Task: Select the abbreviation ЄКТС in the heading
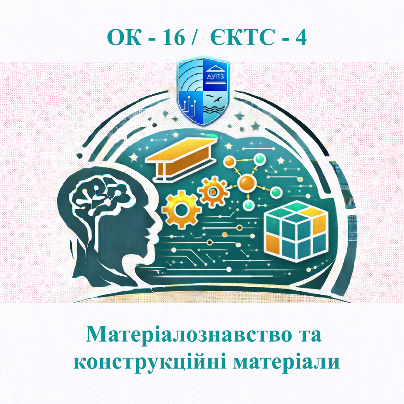(x=238, y=38)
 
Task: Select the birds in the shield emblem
(x=215, y=99)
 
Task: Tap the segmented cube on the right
(x=294, y=229)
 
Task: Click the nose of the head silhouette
(x=155, y=228)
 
